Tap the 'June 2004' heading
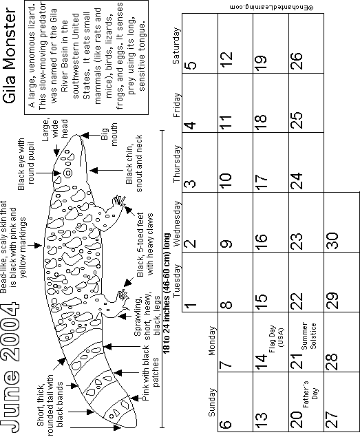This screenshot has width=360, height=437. (10, 367)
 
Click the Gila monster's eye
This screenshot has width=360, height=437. (67, 173)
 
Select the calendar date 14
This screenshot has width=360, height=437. (262, 362)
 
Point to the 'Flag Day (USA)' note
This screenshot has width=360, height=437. (276, 339)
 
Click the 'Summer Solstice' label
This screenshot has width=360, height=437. (308, 336)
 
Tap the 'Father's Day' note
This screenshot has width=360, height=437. (310, 394)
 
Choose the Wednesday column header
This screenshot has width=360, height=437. (177, 224)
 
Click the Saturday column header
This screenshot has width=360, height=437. (177, 46)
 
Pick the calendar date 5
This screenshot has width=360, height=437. (191, 65)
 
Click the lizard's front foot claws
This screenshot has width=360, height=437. (119, 202)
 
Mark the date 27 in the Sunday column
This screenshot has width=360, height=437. (332, 419)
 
